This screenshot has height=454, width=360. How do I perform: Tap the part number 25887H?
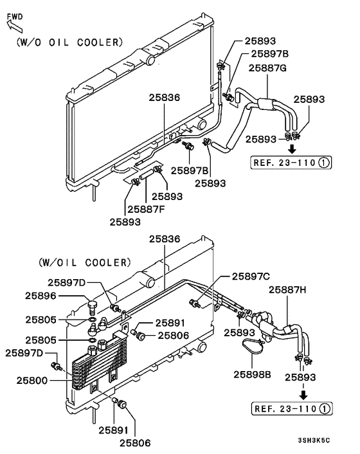pyautogui.click(x=289, y=289)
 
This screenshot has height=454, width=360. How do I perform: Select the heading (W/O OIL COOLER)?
pyautogui.click(x=67, y=42)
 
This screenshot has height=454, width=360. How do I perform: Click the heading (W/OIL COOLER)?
pyautogui.click(x=84, y=262)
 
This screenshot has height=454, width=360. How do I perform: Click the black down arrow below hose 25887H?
pyautogui.click(x=302, y=394)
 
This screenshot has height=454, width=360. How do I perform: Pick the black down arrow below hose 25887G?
pyautogui.click(x=291, y=149)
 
